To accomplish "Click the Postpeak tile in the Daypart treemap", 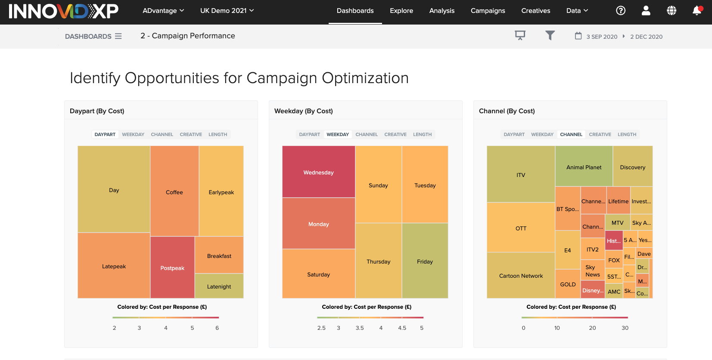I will click(172, 268).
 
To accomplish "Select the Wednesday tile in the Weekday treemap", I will click(318, 172).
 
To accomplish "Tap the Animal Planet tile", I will click(584, 167).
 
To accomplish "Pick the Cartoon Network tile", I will click(521, 276).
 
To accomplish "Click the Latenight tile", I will click(219, 286).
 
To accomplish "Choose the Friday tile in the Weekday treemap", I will click(425, 261).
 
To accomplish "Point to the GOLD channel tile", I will click(568, 284).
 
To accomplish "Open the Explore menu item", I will click(401, 11).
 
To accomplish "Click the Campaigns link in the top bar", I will click(488, 11).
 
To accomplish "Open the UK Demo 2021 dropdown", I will click(227, 11).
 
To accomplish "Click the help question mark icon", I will click(620, 11).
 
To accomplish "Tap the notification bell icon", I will click(696, 11).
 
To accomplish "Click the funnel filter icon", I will click(550, 35).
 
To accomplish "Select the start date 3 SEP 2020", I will click(602, 37).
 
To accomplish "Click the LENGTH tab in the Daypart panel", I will click(218, 134).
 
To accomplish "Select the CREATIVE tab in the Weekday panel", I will click(395, 134).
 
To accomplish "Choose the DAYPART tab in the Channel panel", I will click(514, 134).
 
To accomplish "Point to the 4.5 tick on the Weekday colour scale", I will click(402, 328).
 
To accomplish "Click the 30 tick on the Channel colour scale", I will click(625, 328).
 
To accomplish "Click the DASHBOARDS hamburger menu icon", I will click(118, 36).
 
